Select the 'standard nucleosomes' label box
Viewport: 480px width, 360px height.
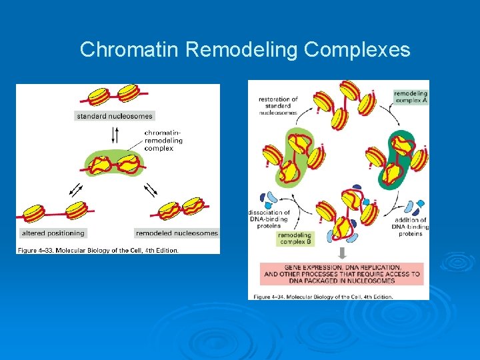tap(114, 116)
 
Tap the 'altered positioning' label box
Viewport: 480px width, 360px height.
tap(53, 233)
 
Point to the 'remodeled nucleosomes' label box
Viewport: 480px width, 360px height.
tap(177, 233)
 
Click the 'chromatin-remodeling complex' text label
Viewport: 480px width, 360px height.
tap(163, 141)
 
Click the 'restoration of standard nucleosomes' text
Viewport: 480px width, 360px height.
tap(279, 106)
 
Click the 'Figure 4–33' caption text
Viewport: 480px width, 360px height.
tap(97, 250)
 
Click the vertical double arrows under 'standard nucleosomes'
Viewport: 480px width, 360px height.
tap(115, 135)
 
